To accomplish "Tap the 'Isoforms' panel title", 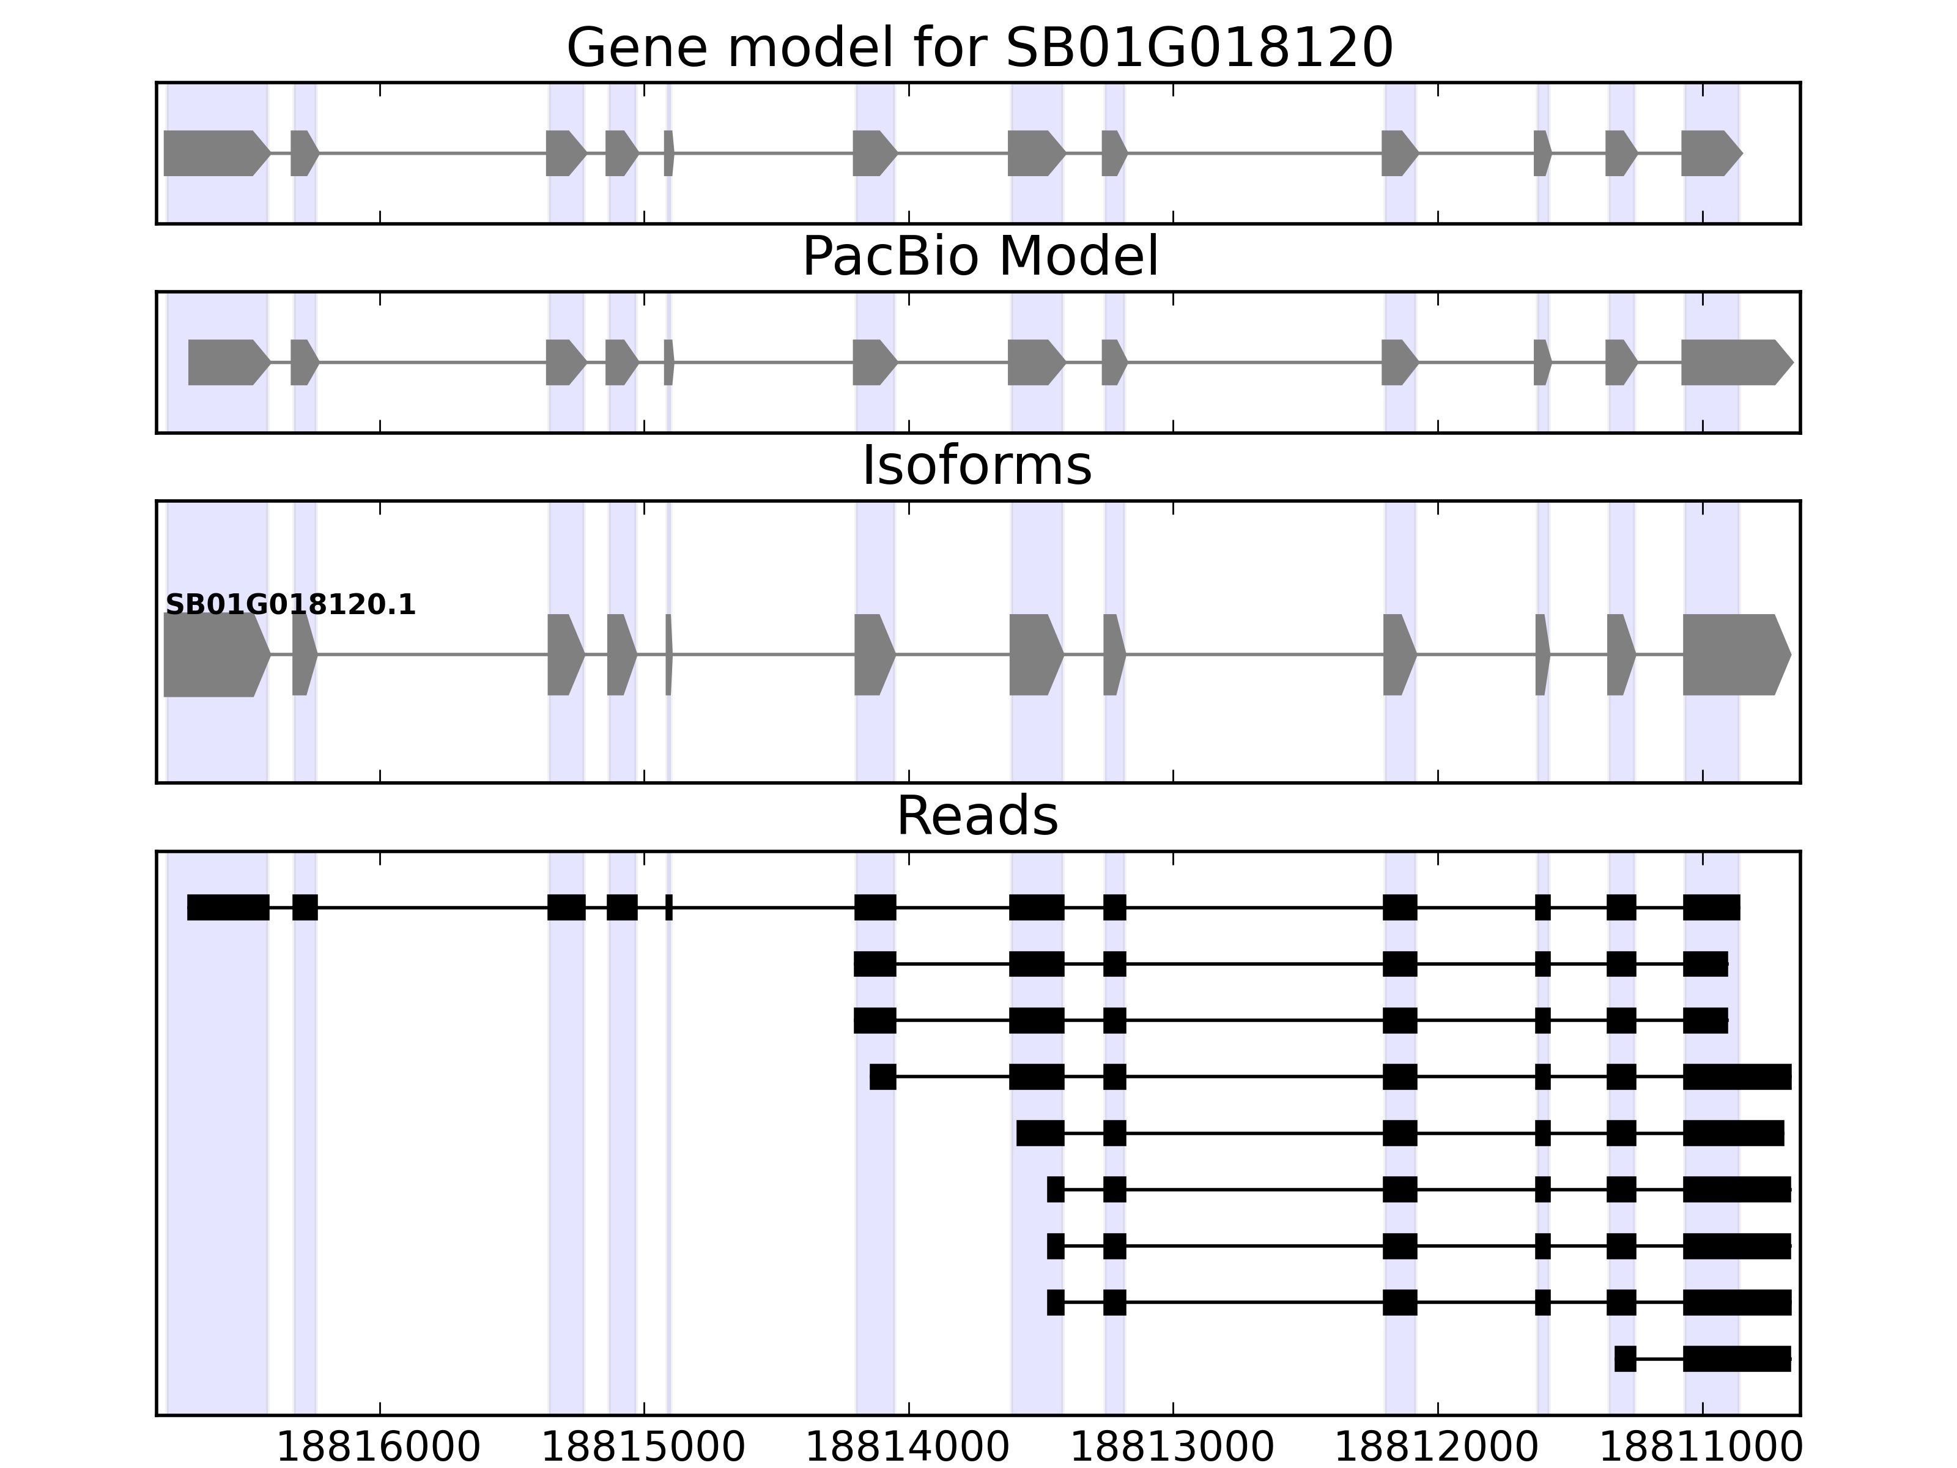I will click(977, 465).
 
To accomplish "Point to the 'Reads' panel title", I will click(977, 816).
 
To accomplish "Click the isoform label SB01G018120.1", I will click(290, 606).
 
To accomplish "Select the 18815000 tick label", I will click(643, 1448).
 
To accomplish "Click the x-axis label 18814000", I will click(908, 1448).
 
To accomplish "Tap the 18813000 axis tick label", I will click(1172, 1448).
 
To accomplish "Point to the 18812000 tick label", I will click(1437, 1448).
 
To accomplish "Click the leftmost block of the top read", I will click(228, 907).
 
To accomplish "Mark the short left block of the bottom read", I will click(1624, 1359).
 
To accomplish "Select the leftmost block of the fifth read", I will click(1040, 1133).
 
